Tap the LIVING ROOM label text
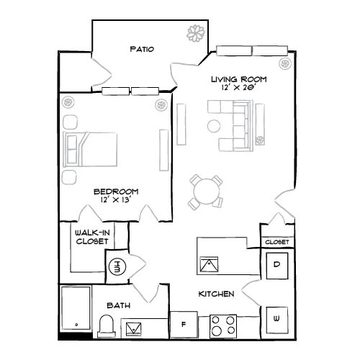[238, 78]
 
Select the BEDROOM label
[116, 192]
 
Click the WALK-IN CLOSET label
[92, 238]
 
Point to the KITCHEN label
[215, 294]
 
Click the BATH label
[120, 306]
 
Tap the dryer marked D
[277, 264]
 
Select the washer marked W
[276, 318]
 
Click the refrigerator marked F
[183, 325]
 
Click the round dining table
[206, 192]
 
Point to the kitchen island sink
[209, 264]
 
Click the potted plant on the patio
[194, 33]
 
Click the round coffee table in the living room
[213, 126]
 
